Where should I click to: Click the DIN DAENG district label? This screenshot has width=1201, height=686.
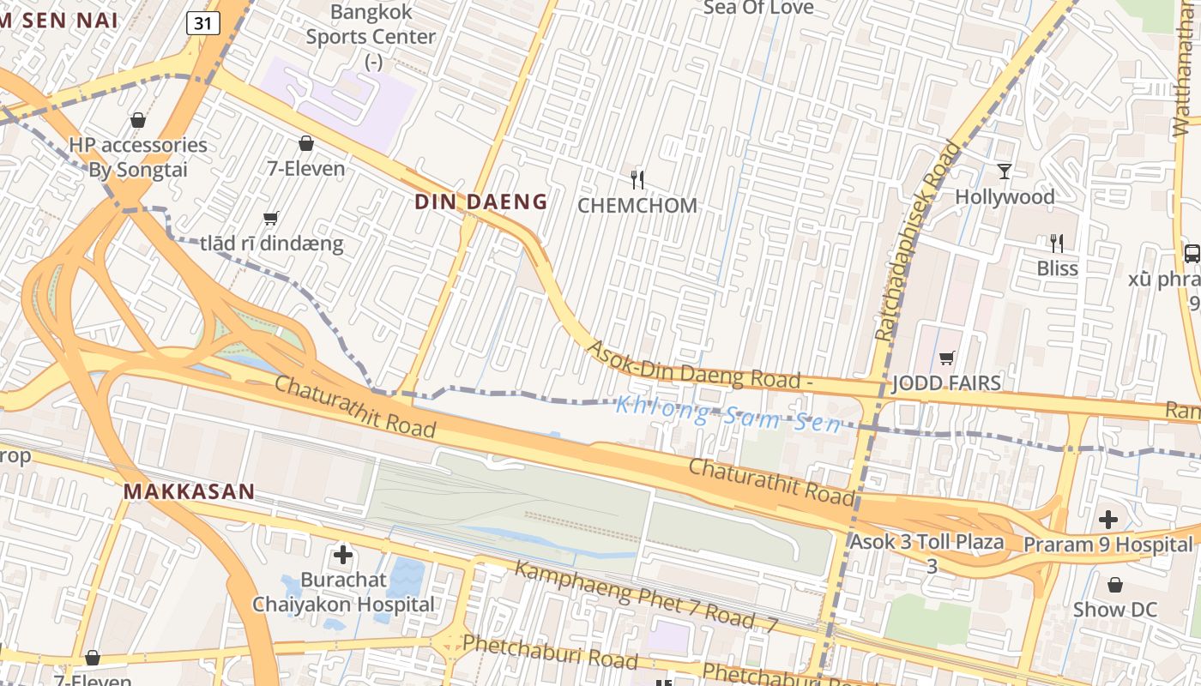pyautogui.click(x=480, y=202)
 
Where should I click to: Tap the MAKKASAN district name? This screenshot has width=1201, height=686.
pyautogui.click(x=189, y=492)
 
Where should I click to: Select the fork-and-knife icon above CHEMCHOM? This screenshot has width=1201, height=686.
pyautogui.click(x=637, y=179)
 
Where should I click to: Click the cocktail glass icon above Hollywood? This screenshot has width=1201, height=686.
pyautogui.click(x=1005, y=171)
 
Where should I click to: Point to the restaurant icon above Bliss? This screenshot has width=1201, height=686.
pyautogui.click(x=1057, y=244)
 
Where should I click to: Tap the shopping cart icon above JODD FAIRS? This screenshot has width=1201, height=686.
pyautogui.click(x=946, y=358)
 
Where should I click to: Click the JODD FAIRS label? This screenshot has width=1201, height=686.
pyautogui.click(x=946, y=382)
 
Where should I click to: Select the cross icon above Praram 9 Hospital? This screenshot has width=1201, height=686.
pyautogui.click(x=1108, y=520)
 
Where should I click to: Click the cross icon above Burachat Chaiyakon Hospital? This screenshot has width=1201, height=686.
pyautogui.click(x=343, y=555)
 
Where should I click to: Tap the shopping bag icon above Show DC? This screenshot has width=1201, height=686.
pyautogui.click(x=1115, y=585)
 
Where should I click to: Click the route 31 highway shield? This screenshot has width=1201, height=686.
pyautogui.click(x=203, y=23)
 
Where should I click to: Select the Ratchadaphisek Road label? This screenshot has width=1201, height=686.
pyautogui.click(x=918, y=242)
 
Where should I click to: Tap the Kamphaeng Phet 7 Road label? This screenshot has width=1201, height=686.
pyautogui.click(x=643, y=597)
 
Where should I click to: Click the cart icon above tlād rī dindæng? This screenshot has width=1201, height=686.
pyautogui.click(x=271, y=219)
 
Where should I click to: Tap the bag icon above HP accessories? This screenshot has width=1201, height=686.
pyautogui.click(x=137, y=120)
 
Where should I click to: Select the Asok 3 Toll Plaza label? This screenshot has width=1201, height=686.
pyautogui.click(x=927, y=542)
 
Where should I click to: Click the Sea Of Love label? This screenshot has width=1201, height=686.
pyautogui.click(x=758, y=8)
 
